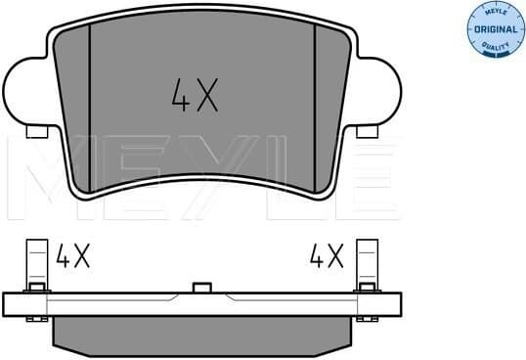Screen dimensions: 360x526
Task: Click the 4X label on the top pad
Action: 194,95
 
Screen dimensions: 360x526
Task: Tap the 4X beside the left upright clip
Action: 72,257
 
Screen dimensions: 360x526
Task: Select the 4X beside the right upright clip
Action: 328,257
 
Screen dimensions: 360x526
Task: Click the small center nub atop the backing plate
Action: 202,288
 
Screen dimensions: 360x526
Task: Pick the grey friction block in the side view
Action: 201,334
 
